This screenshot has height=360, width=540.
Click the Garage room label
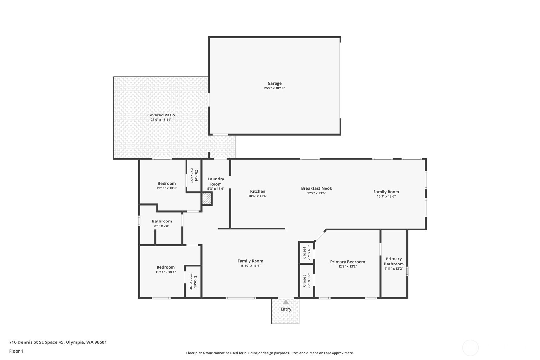(274, 83)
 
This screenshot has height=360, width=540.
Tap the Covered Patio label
(161, 115)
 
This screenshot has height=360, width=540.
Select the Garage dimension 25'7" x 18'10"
(274, 88)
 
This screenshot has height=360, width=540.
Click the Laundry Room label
(216, 181)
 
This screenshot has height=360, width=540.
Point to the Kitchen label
(258, 191)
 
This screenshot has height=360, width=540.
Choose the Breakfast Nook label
(317, 188)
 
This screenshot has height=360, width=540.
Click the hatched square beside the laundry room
(207, 199)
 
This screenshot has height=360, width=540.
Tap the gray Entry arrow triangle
(286, 302)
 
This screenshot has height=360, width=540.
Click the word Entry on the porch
(286, 309)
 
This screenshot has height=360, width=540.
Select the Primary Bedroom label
(347, 262)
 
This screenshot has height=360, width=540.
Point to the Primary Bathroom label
(394, 261)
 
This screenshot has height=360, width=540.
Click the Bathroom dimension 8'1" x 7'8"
(162, 226)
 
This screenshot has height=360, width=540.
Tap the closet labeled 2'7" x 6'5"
(306, 281)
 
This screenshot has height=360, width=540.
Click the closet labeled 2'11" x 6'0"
(193, 282)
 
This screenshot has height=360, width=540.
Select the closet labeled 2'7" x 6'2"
(194, 175)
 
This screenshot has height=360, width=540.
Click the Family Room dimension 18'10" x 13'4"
(250, 266)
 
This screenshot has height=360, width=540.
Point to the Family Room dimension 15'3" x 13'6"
(386, 196)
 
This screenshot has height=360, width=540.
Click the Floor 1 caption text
(17, 351)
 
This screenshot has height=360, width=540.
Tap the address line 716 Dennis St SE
(58, 342)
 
